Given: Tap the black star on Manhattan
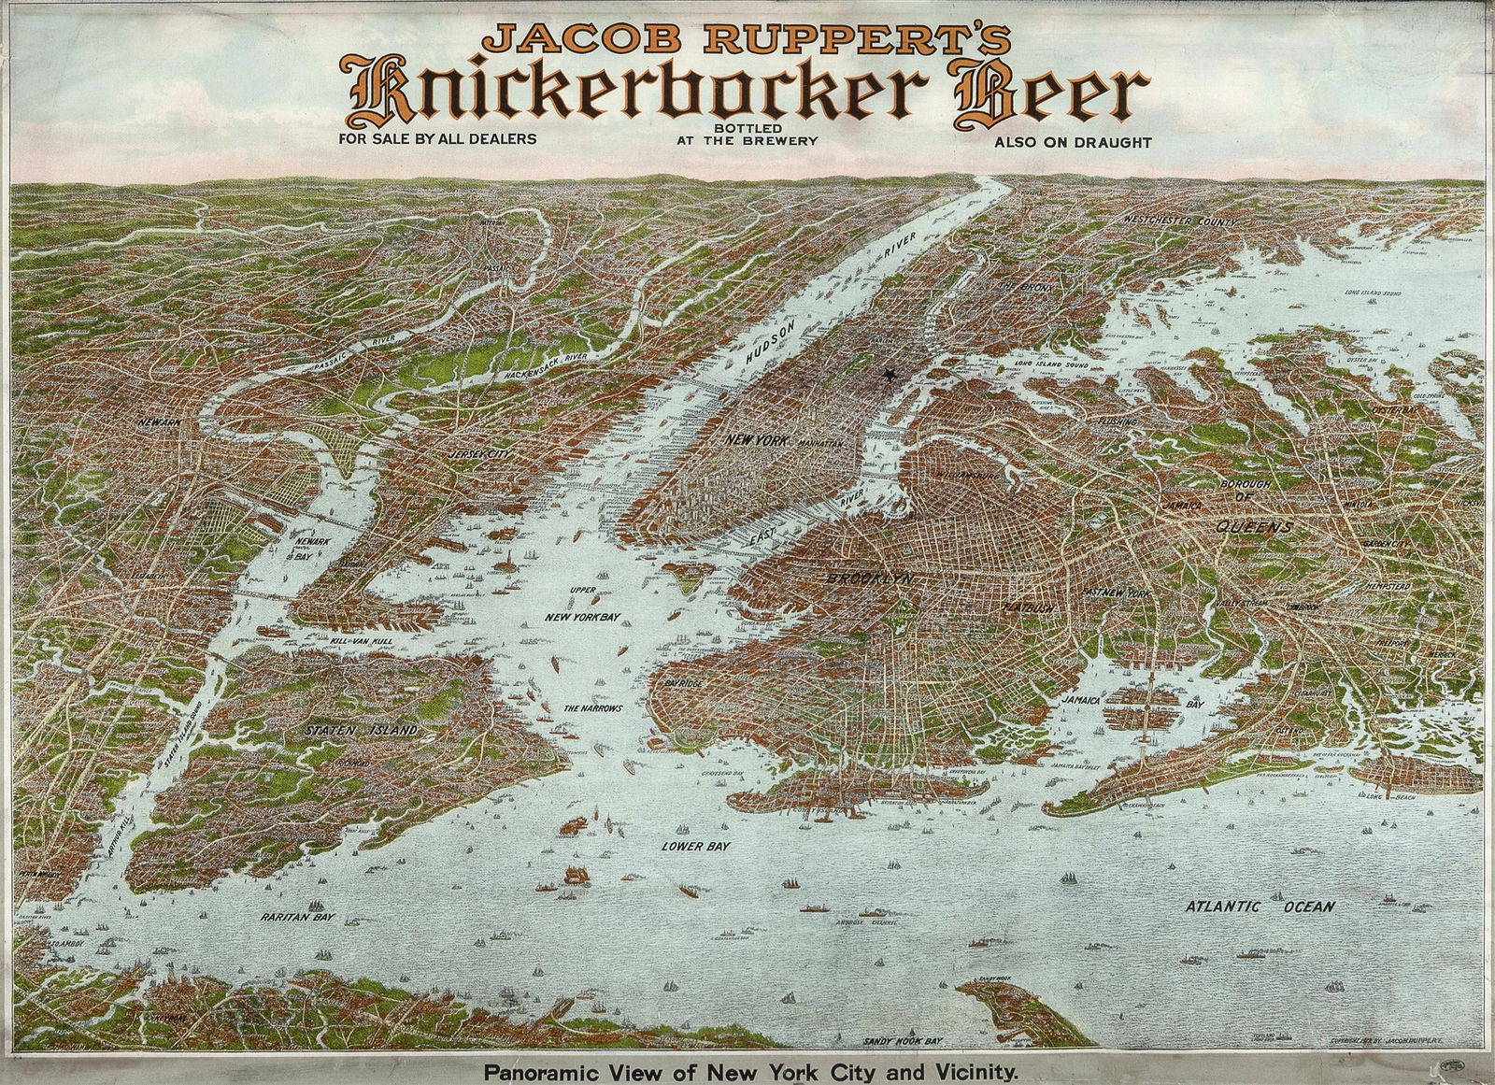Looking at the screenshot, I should (x=889, y=375).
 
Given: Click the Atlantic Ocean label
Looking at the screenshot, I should (x=1260, y=907).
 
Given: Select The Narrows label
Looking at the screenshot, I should (x=592, y=709).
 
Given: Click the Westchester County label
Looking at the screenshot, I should (x=1181, y=221).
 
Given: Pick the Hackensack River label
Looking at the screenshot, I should (x=546, y=366).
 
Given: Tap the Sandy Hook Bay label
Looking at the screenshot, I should (x=902, y=1040).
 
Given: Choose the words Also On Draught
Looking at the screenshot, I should (x=1073, y=143).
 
